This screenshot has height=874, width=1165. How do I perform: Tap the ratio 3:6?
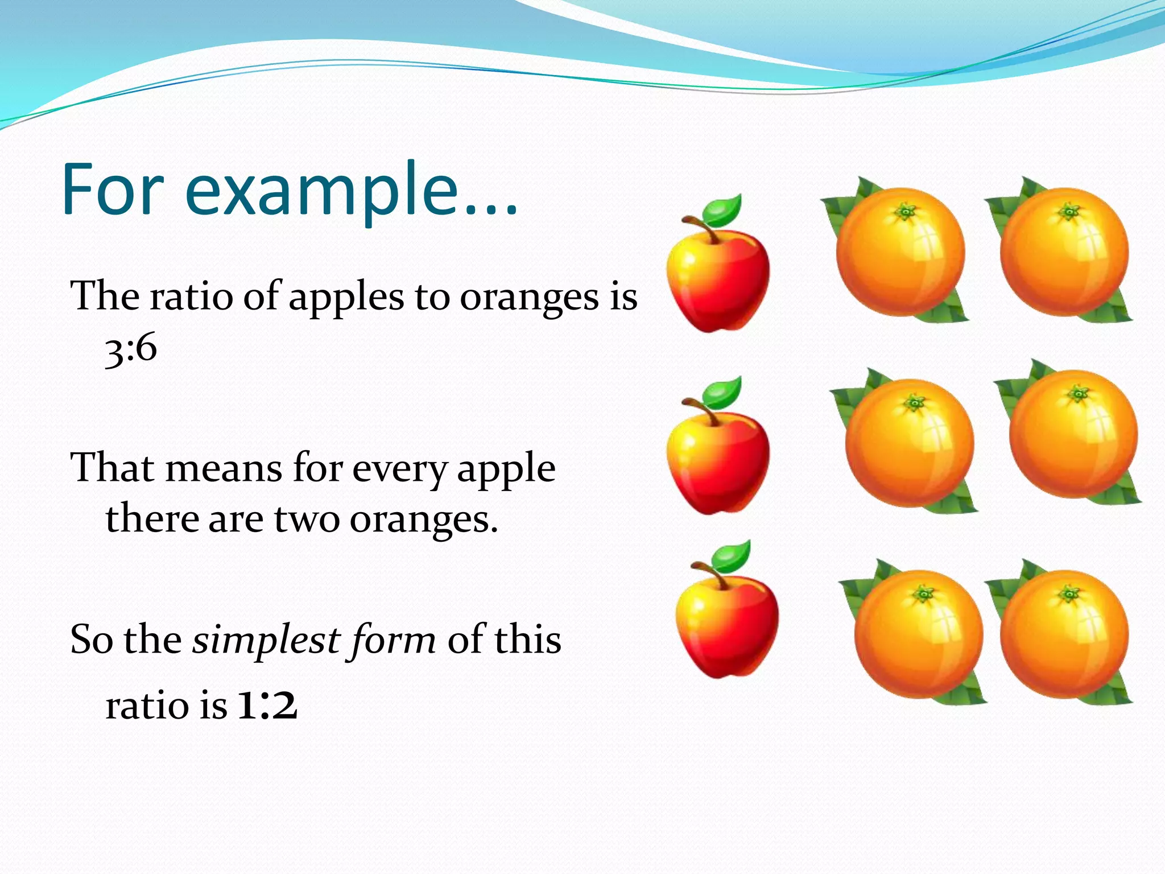pos(130,349)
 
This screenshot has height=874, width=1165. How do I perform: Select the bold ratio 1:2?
pos(267,706)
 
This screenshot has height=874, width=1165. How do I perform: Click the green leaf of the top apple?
pos(724,210)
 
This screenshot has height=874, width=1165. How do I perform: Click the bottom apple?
pos(726,626)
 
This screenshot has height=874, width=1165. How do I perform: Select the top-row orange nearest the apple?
pos(900,252)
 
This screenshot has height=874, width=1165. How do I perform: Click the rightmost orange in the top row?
pos(1064,252)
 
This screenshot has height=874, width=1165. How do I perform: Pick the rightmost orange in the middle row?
pos(1073,434)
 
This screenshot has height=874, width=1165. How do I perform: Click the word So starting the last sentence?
pos(91,640)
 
